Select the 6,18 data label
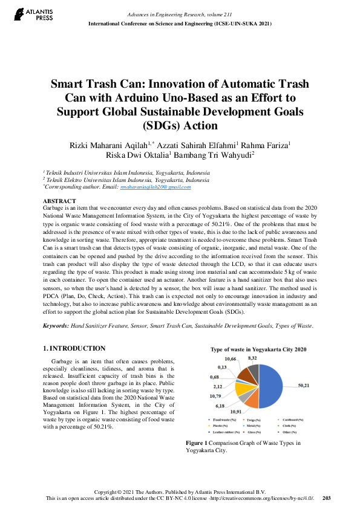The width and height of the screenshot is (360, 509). click(x=220, y=406)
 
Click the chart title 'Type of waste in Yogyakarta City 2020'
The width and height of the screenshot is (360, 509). click(x=258, y=349)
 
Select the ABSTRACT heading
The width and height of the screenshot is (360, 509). click(x=59, y=201)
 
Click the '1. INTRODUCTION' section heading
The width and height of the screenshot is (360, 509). click(x=75, y=349)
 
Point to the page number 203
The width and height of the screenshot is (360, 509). click(x=327, y=498)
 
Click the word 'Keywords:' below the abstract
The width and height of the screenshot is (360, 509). click(x=56, y=326)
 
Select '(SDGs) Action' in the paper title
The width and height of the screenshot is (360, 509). click(x=180, y=126)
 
